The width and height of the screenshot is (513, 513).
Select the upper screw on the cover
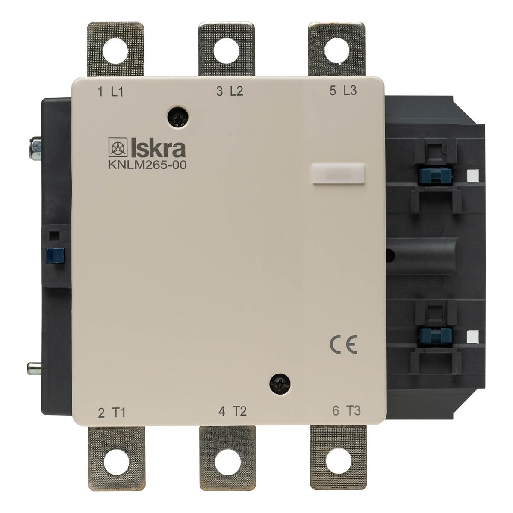(178, 117)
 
